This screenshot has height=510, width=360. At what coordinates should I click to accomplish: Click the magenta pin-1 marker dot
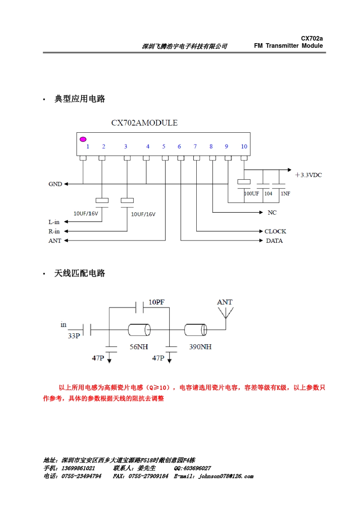pos(83,139)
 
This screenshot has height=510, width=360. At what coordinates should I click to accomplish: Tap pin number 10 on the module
pos(244,146)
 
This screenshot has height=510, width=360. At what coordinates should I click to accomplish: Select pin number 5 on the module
pos(164,146)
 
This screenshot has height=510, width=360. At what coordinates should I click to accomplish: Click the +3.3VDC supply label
pos(308,175)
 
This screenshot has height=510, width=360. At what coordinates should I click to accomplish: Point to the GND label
pos(55,184)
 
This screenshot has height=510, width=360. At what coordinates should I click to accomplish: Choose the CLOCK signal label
pos(275,231)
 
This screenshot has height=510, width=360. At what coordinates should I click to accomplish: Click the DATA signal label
pos(274,241)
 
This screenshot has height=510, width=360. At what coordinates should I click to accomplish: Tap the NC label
pos(272,213)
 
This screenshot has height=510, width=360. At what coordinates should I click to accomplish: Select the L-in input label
pos(54,222)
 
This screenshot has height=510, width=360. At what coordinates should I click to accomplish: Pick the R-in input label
pos(54,231)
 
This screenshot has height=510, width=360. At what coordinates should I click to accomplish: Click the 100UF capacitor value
pos(251,193)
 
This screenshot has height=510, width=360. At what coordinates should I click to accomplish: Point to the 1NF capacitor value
pos(285,193)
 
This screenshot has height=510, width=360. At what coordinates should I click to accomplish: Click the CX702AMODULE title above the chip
pos(144,123)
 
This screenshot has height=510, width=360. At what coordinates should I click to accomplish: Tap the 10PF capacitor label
pos(157,302)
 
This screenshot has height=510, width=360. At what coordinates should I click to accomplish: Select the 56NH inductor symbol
pos(139,330)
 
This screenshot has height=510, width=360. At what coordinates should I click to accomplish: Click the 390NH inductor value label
pos(200,347)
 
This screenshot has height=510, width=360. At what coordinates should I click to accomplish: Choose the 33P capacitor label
pos(74,336)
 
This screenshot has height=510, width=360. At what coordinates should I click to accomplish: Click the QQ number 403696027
pos(193,468)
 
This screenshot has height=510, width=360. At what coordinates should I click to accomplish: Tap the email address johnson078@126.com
pos(226,476)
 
